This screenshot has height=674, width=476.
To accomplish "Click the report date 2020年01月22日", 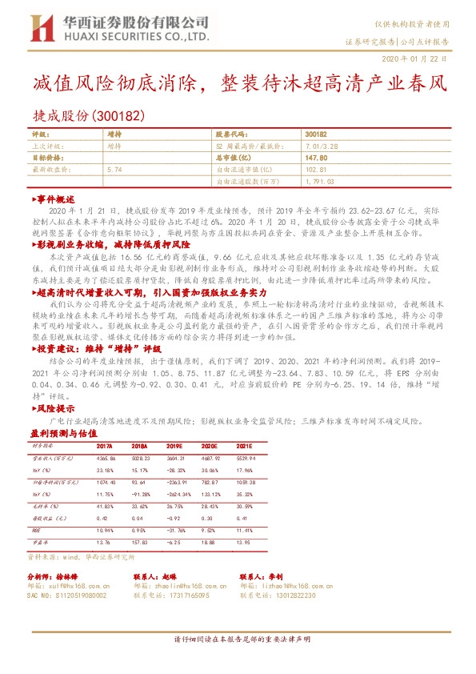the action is tap(422, 59).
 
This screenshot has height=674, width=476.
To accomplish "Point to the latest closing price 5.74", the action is tap(114, 171).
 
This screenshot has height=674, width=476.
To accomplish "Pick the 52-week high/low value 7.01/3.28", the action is tap(318, 147).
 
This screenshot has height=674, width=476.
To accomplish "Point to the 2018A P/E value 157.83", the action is tap(142, 543).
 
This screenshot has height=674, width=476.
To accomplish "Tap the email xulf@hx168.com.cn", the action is tap(81, 586).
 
